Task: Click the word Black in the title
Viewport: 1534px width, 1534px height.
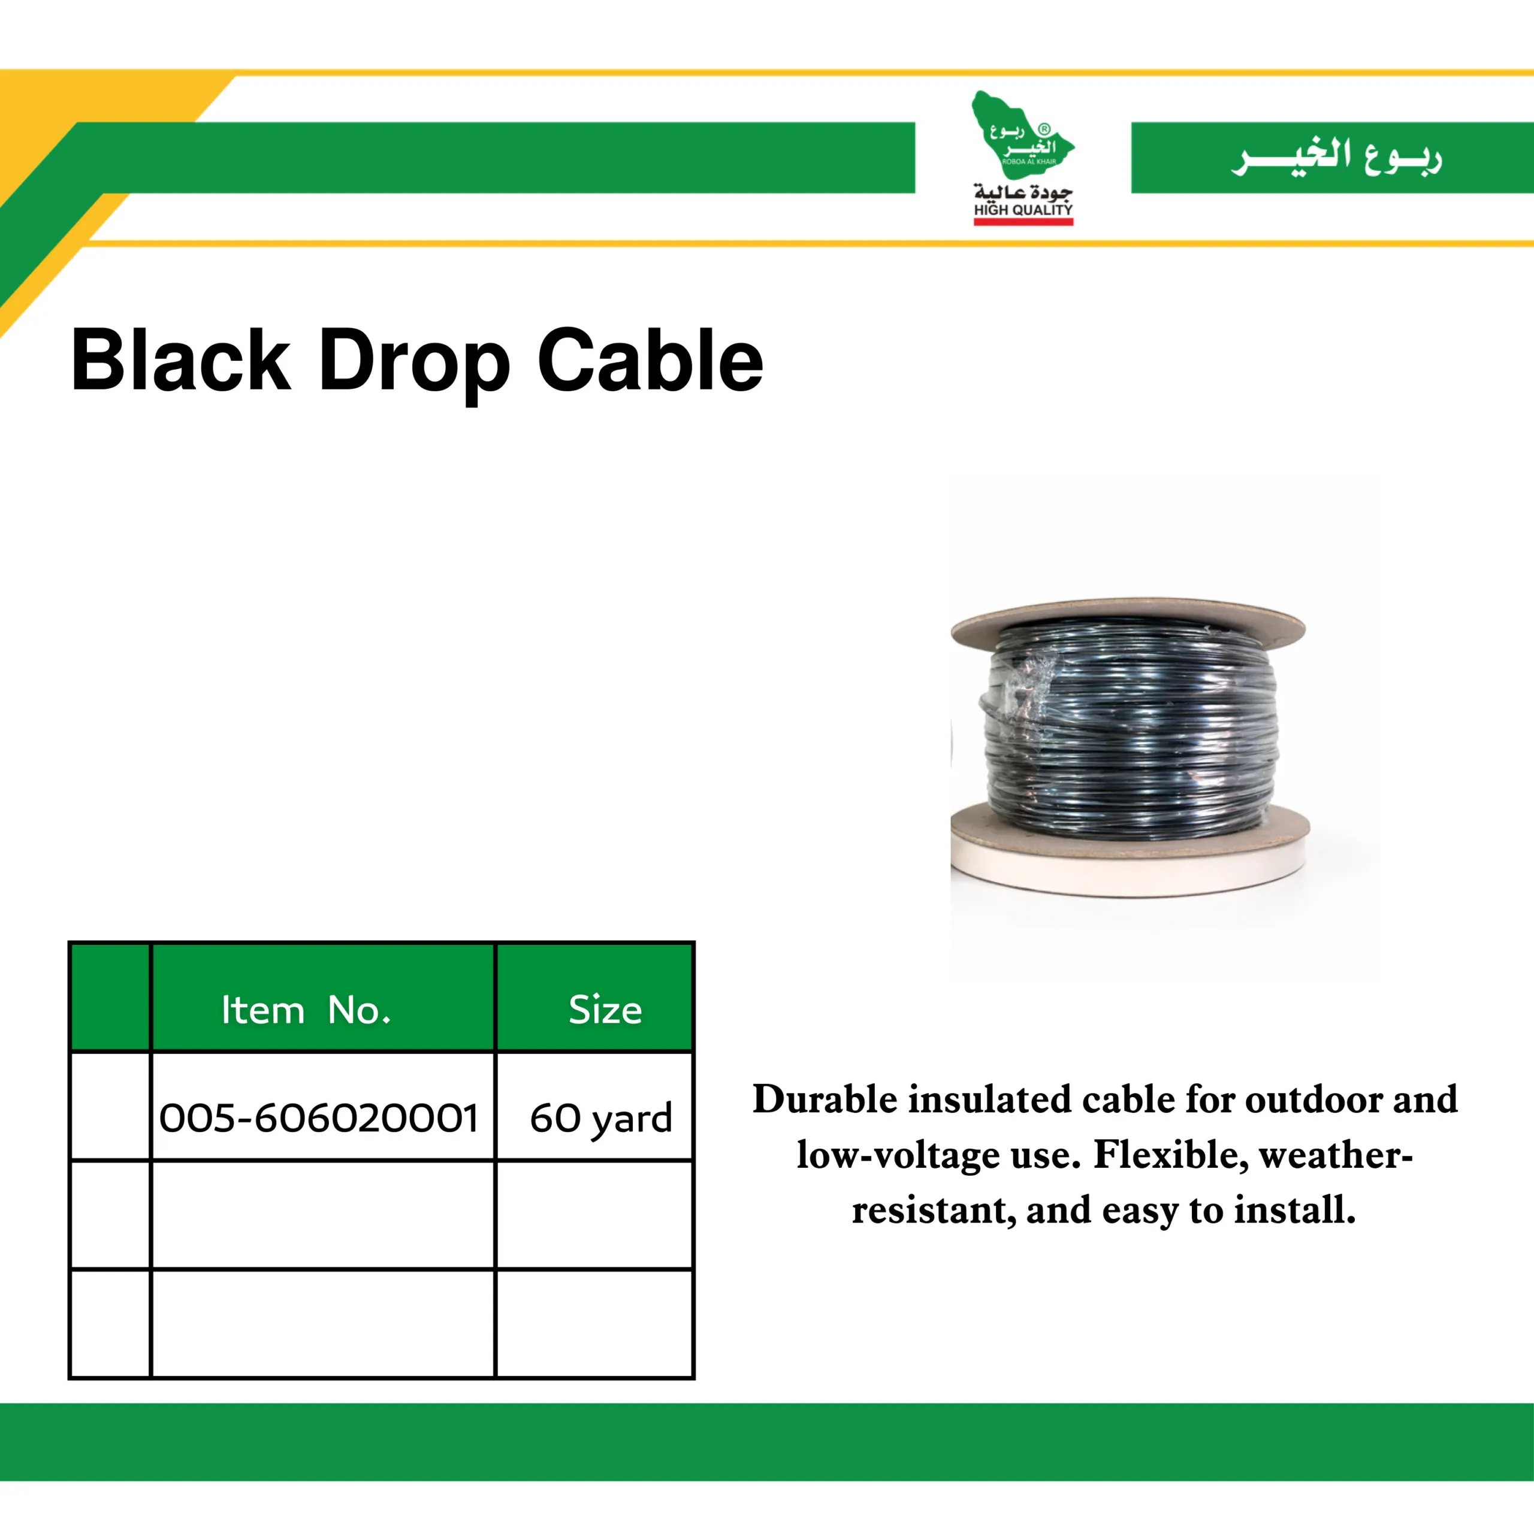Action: (182, 361)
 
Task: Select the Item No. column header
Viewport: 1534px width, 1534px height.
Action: (306, 1011)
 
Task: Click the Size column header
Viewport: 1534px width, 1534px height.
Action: (605, 1011)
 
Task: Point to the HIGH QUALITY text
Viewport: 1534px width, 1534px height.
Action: (1023, 210)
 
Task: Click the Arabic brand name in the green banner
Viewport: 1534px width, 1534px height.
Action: (1336, 156)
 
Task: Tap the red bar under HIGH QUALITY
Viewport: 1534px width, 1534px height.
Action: (1023, 222)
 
